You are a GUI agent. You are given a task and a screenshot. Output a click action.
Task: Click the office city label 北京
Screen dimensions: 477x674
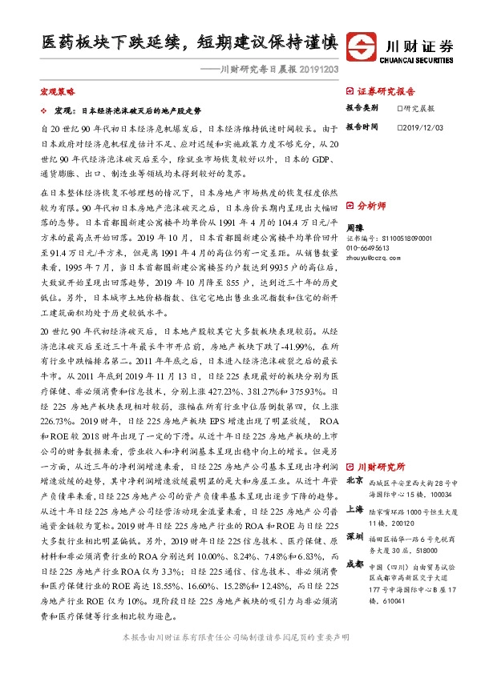pos(354,482)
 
